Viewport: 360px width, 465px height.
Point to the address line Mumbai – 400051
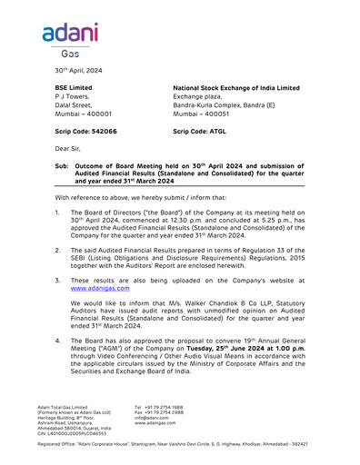pos(202,115)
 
